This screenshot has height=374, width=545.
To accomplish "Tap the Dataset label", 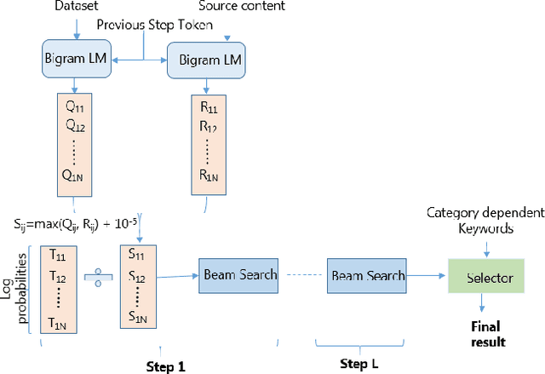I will [x=77, y=6].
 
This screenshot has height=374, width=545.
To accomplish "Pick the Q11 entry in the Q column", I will [x=77, y=109].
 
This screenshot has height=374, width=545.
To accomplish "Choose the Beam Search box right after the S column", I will [x=239, y=274].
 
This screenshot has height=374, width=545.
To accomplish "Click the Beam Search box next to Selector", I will [x=367, y=275].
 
